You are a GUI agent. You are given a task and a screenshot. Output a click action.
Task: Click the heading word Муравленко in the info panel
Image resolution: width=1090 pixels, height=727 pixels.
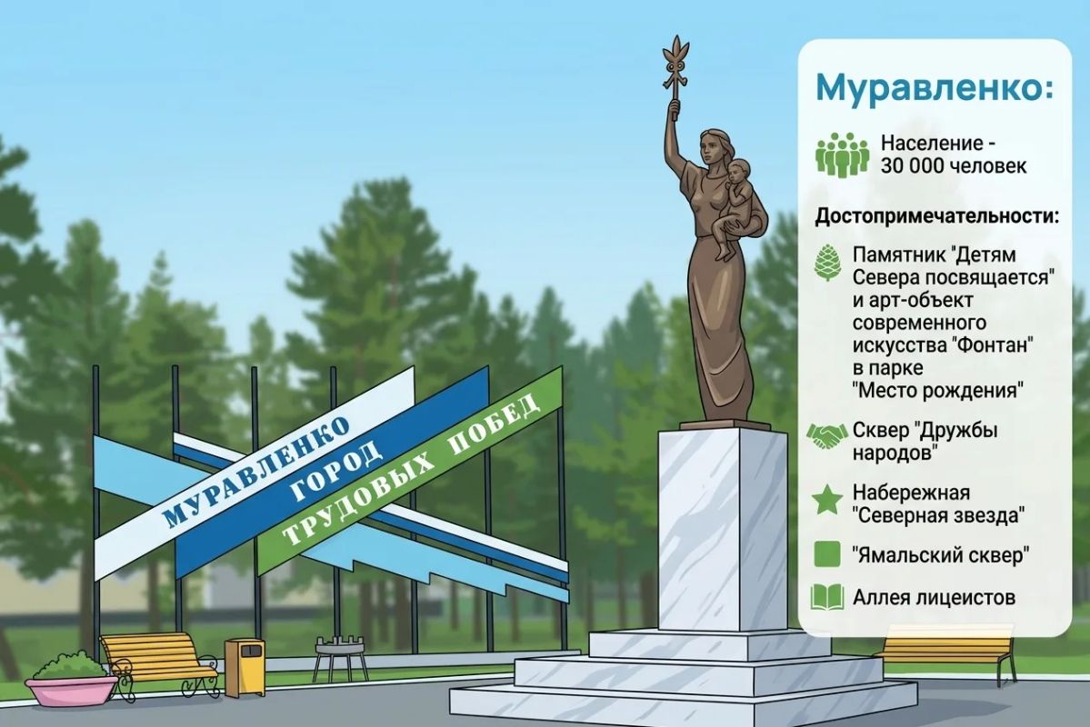[x=935, y=87]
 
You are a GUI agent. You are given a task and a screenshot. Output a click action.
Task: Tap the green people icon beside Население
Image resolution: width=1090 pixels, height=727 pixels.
[x=843, y=155]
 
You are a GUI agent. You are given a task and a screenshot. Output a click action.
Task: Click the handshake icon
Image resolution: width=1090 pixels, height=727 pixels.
[x=826, y=436]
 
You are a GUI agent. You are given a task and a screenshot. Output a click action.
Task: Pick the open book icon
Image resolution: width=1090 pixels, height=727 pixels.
[x=827, y=596]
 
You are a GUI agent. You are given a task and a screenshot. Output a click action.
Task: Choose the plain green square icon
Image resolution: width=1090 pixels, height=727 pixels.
[x=827, y=554]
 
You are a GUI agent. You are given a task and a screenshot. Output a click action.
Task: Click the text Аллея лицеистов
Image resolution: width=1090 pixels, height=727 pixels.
[x=934, y=597]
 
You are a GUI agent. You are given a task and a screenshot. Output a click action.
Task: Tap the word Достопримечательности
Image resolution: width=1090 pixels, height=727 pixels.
[x=935, y=216]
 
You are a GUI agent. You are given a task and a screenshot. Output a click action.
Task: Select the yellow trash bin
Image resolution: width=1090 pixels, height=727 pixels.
[x=245, y=666]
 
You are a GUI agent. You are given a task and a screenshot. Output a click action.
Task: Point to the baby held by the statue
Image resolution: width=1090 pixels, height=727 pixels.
[x=738, y=205]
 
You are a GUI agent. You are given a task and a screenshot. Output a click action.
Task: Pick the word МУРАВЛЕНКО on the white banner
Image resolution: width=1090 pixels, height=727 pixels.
[x=256, y=472]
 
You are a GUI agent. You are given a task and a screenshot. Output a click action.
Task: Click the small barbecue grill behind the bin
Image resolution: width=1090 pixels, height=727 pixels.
[x=341, y=657]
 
